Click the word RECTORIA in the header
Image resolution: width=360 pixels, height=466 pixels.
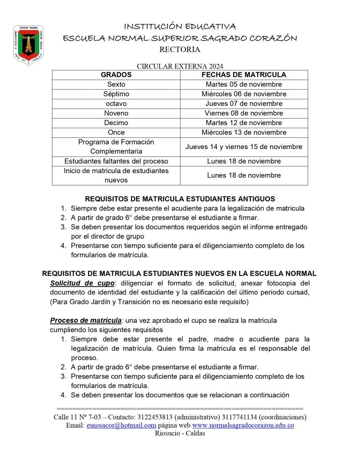coord(180,50)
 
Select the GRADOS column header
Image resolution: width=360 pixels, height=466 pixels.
coord(116,75)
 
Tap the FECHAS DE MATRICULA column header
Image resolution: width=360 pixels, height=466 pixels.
coord(244,75)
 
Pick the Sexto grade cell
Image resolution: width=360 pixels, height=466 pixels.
coord(116,84)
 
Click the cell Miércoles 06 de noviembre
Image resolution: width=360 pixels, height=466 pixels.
coord(244,94)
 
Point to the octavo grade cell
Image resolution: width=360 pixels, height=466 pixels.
coord(116,104)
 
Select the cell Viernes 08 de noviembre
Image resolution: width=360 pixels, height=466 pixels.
coord(244,113)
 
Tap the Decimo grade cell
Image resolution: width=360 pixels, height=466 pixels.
coord(116,123)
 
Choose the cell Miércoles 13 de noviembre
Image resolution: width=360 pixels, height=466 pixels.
coord(244,132)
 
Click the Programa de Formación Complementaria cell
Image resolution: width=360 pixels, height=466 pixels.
coord(116,147)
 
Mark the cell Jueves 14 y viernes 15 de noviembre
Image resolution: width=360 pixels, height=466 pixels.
coord(244,147)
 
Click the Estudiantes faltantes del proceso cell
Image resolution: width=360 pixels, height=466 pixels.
coord(116,161)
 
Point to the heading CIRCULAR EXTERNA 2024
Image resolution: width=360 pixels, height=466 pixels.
coord(180,66)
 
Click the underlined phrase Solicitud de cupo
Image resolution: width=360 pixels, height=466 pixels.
coord(82,283)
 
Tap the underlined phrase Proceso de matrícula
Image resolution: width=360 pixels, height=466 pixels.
coord(85,321)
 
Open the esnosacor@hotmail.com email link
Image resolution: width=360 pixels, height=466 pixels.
coord(121,426)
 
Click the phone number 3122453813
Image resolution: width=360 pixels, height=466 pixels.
coord(154,417)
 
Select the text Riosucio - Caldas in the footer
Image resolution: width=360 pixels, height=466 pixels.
coord(180,433)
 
